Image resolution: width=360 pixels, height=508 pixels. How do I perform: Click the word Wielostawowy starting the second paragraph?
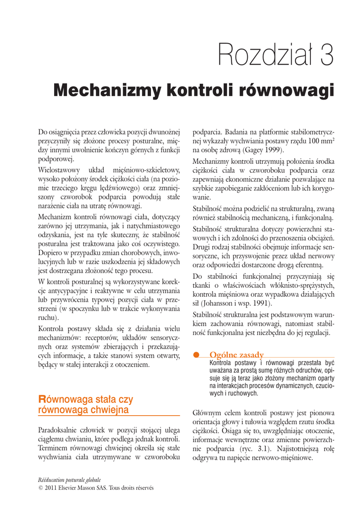[58, 170]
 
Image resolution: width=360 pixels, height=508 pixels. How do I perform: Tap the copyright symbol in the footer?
[40, 488]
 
